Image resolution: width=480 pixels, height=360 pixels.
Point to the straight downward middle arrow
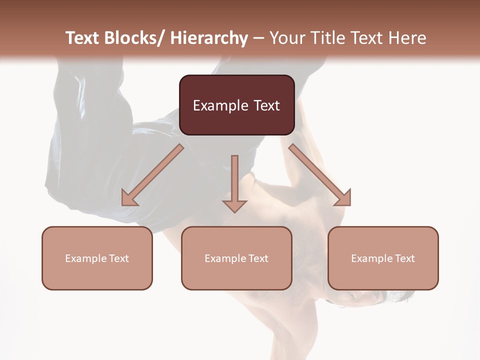coord(234,180)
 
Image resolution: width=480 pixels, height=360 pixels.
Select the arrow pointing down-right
coord(317,173)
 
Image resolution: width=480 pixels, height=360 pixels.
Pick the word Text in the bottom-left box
coord(118,258)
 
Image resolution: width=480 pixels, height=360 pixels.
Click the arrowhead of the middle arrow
coord(234,205)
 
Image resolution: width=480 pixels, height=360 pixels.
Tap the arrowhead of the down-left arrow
coord(129,198)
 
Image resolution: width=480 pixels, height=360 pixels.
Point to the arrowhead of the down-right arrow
coord(343,198)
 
